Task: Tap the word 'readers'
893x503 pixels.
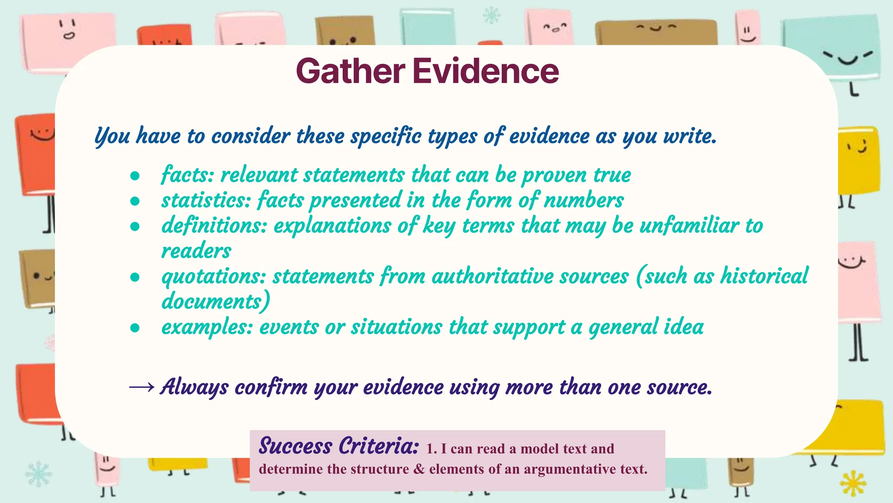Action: [196, 251]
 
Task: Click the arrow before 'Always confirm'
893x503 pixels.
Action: [142, 387]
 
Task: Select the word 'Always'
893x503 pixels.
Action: [194, 387]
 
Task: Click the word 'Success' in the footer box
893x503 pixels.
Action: [295, 446]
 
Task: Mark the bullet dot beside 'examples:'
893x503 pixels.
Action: [135, 328]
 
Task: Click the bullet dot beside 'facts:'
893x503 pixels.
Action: [135, 176]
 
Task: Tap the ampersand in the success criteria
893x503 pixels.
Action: [419, 469]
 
